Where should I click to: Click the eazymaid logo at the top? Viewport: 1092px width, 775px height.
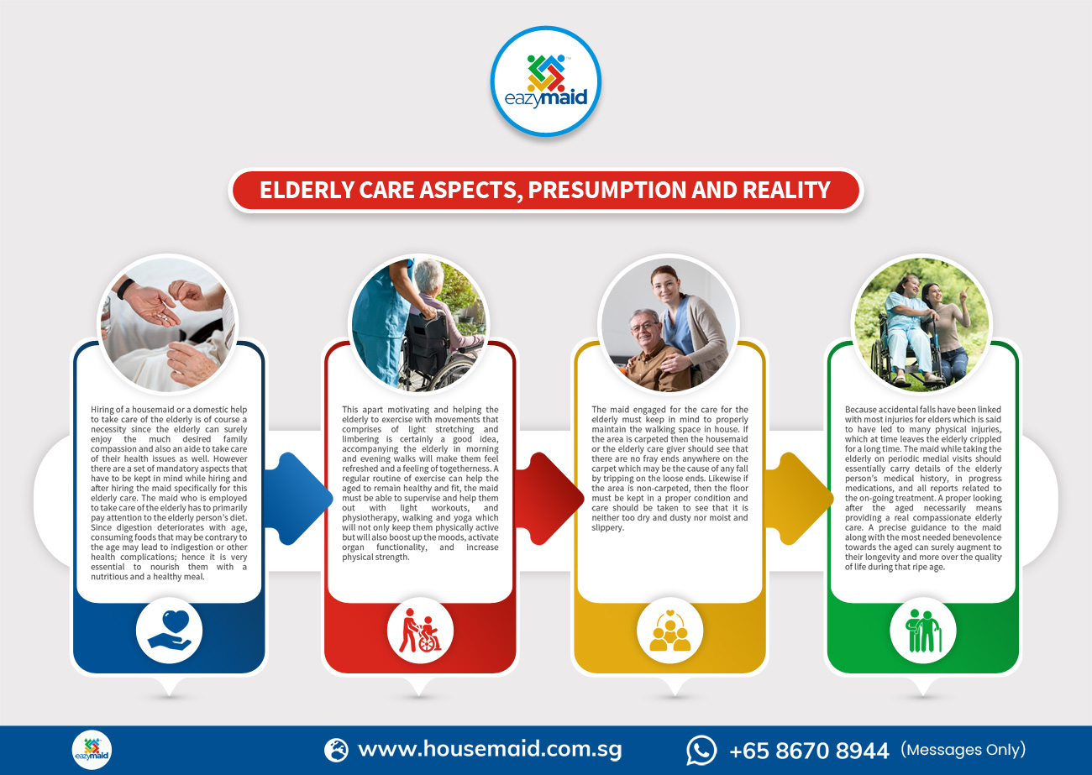point(545,81)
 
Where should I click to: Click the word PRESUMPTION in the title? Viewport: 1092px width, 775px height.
point(618,190)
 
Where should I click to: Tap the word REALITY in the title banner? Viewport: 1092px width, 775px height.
point(786,190)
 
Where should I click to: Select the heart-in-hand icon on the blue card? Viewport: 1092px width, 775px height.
point(169,630)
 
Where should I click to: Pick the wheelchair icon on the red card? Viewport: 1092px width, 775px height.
point(419,631)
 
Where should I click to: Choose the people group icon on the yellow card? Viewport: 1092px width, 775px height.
point(669,631)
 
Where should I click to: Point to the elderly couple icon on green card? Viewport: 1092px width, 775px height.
point(922,631)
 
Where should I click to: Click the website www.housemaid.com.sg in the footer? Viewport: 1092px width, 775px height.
point(490,749)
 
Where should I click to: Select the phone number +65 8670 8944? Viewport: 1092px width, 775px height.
point(808,750)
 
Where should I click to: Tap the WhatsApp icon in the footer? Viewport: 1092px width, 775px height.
point(701,749)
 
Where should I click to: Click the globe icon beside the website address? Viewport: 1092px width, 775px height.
point(336,749)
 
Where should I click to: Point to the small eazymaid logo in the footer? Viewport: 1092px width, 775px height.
point(92,749)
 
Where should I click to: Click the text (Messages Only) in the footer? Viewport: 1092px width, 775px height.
point(963,749)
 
